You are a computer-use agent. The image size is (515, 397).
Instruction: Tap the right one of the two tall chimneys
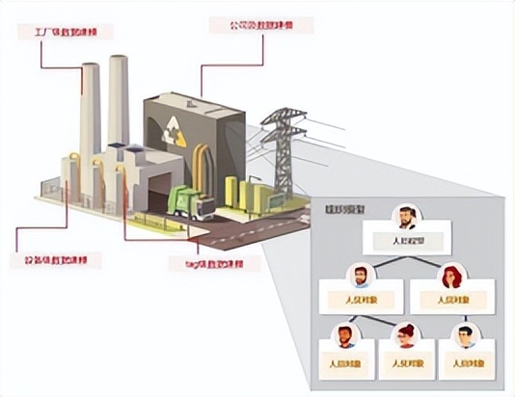pos(119,96)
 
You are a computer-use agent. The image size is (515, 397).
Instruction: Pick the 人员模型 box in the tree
pos(408,238)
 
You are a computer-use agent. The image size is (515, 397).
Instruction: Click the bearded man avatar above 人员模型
pos(408,217)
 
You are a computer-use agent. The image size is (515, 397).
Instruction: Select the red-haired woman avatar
pos(449,278)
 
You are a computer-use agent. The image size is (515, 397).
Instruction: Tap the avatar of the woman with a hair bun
pos(406,336)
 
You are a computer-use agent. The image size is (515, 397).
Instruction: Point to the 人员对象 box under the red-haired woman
pos(449,301)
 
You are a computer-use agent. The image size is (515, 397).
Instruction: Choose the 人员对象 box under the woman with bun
pos(406,363)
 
